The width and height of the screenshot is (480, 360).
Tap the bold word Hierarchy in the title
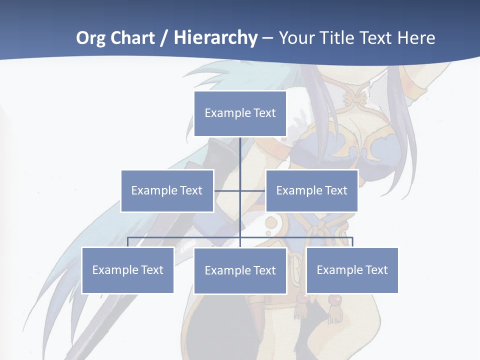point(215,38)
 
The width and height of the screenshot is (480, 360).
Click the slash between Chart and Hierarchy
point(164,38)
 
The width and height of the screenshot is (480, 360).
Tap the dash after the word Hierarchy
point(267,38)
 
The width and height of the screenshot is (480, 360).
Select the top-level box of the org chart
point(240,113)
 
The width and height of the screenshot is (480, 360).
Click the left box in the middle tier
point(167,190)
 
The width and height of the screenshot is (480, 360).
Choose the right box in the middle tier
point(311,190)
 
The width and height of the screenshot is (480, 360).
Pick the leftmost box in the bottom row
point(127,270)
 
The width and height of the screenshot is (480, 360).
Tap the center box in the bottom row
point(240,270)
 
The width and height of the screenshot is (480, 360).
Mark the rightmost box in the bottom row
point(352,270)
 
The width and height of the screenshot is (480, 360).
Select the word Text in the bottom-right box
point(376,270)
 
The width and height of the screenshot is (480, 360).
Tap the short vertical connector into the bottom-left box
point(127,242)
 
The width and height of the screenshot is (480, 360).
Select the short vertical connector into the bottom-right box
point(352,242)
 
